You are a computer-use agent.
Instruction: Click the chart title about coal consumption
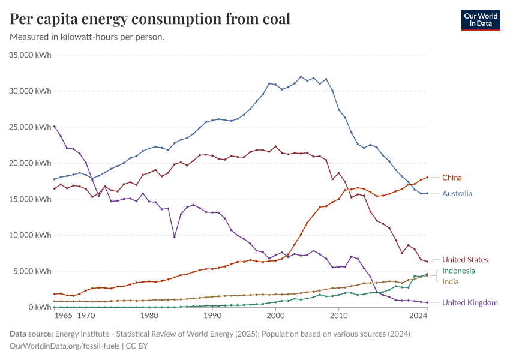(x=150, y=19)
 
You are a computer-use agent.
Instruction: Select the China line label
(x=452, y=178)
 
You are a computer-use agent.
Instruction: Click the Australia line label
(x=457, y=194)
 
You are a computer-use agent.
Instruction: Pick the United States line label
(x=465, y=260)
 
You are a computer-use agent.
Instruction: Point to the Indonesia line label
(x=458, y=271)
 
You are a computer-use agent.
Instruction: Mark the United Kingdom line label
(x=470, y=303)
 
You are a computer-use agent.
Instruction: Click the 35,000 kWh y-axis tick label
(x=31, y=55)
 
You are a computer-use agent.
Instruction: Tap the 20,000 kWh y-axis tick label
(x=31, y=163)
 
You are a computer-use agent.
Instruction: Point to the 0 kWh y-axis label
(x=38, y=307)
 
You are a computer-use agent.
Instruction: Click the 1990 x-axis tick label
(x=212, y=315)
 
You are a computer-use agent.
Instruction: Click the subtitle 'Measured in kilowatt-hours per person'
(x=88, y=37)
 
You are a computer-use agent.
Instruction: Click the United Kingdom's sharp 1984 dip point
(x=174, y=237)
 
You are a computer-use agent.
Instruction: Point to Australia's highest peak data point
(x=301, y=77)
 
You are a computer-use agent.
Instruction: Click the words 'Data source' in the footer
(x=31, y=334)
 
